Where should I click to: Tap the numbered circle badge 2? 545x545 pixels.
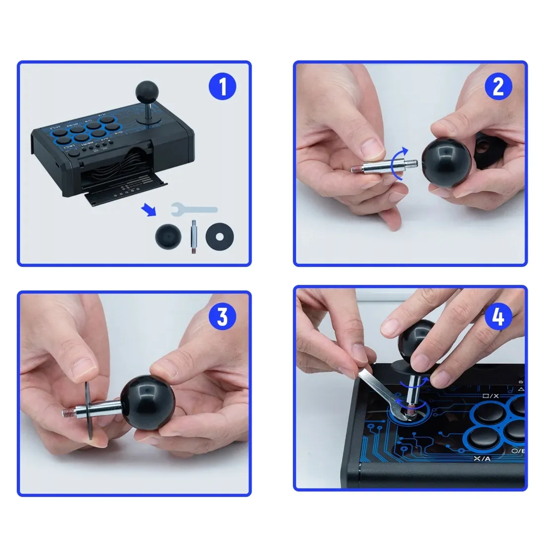tap(498, 87)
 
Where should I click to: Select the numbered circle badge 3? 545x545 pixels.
tap(222, 316)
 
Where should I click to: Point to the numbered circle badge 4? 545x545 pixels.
tap(498, 316)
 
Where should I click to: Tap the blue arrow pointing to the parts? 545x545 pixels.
tap(148, 211)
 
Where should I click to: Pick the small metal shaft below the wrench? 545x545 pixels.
tap(192, 238)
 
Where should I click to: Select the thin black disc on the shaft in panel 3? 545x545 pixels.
tap(88, 410)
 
